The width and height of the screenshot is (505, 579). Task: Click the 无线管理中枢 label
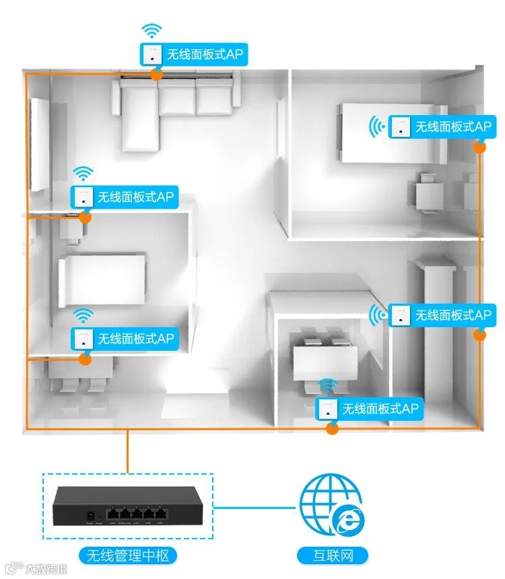(x=127, y=555)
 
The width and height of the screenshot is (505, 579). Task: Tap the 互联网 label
(x=333, y=555)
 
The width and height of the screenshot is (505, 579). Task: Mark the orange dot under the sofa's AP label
(x=156, y=73)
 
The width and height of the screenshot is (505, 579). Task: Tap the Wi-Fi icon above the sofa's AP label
(x=152, y=31)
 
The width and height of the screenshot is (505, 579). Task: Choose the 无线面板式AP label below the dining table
(x=370, y=408)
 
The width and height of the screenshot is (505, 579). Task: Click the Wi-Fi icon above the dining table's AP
(x=327, y=386)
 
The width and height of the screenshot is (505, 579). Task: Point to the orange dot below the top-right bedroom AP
(x=479, y=145)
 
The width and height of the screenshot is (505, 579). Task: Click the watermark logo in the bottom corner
(x=10, y=568)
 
